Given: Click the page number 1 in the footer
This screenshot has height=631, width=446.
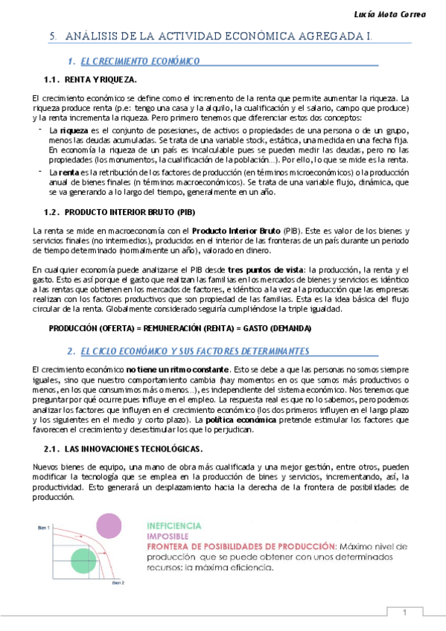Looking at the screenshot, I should point(404,612).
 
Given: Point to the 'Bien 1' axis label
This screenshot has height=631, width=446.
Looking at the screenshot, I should point(44,527).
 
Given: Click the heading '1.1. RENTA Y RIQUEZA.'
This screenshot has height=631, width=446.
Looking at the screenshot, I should point(90,79).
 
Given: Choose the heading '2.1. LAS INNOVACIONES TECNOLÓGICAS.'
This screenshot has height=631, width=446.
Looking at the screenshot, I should point(124,449).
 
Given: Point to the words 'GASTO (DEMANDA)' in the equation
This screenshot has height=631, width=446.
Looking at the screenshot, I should point(277,328).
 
